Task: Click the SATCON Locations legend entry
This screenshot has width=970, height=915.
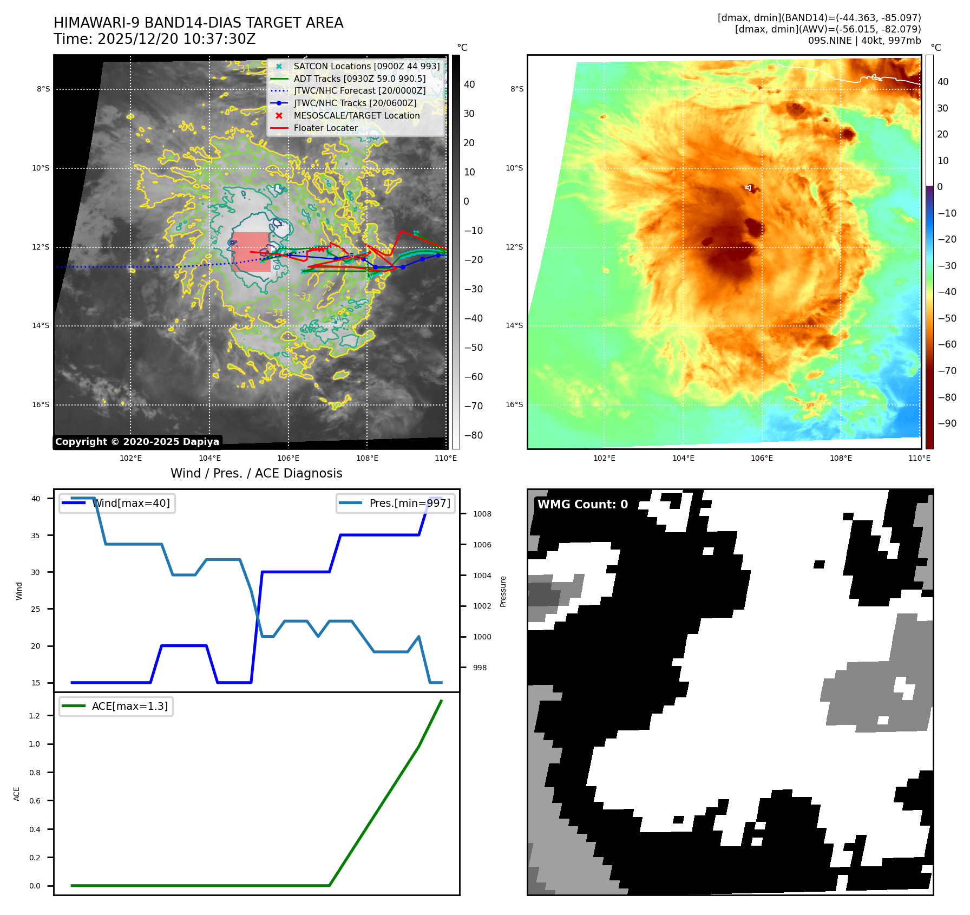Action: [x=366, y=66]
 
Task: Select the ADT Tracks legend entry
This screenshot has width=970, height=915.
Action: [x=359, y=79]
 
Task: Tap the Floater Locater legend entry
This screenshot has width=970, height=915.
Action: [x=325, y=128]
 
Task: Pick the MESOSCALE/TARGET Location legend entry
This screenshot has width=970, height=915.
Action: [x=356, y=115]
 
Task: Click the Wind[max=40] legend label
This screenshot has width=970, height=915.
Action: [x=131, y=503]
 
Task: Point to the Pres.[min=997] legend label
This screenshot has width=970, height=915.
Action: [x=409, y=503]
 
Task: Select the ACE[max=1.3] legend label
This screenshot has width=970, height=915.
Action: [x=130, y=706]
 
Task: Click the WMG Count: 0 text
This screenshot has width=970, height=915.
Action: [x=582, y=504]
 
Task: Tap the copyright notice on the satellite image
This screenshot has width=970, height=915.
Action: [x=137, y=442]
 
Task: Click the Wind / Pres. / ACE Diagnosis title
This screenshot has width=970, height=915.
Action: [x=256, y=473]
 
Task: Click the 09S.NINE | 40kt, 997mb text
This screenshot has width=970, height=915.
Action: [x=864, y=41]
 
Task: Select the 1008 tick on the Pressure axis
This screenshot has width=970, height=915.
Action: [x=482, y=514]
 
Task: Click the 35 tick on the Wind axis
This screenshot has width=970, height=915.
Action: [x=36, y=535]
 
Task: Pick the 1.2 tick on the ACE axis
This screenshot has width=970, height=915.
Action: [x=35, y=716]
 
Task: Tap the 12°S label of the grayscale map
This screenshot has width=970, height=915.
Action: [x=41, y=247]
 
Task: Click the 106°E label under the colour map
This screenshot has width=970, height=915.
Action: [x=762, y=458]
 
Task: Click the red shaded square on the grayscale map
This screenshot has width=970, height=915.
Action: [x=251, y=252]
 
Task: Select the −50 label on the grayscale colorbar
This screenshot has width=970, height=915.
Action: [x=473, y=348]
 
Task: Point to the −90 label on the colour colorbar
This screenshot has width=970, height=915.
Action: [x=946, y=423]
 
